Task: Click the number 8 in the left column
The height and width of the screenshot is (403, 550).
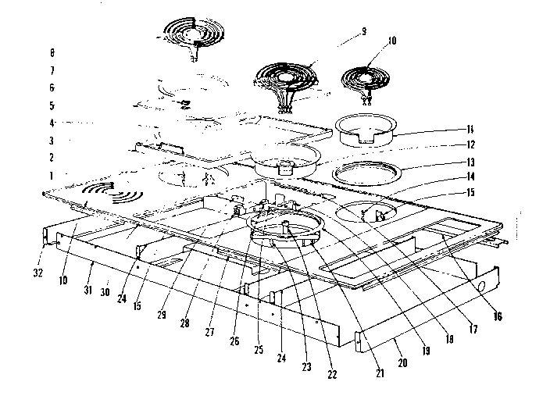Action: [52, 53]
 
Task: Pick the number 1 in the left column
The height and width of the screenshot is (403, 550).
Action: [52, 176]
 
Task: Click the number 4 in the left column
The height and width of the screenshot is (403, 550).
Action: [52, 123]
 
